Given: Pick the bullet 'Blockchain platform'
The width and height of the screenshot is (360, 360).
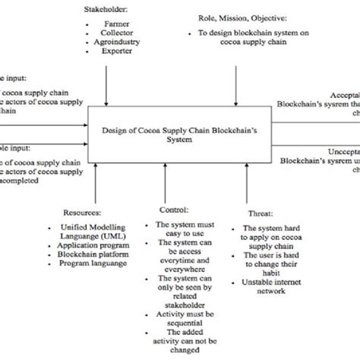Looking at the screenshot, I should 97,257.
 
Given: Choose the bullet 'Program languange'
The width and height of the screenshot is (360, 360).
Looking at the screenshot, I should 97,268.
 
